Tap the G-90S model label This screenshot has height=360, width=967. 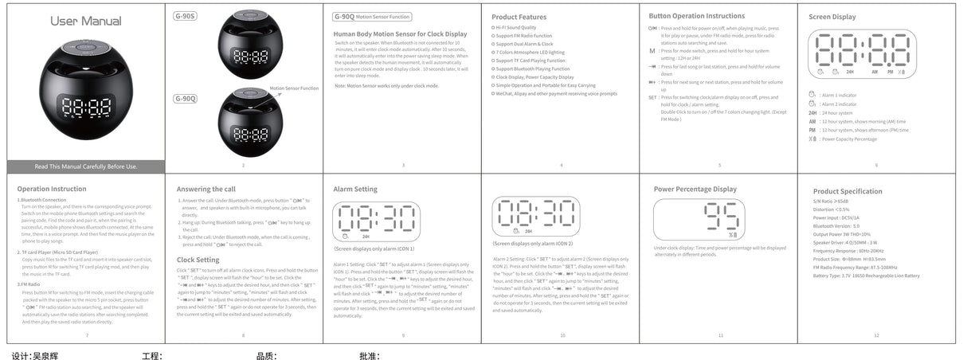tap(186, 16)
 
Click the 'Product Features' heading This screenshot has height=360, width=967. tap(519, 17)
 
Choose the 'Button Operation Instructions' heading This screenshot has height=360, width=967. tap(695, 16)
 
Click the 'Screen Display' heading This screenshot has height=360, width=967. tap(832, 16)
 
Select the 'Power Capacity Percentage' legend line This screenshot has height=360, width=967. tap(853, 139)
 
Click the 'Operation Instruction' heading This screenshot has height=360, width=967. tap(52, 189)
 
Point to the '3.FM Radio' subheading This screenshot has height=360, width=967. tap(29, 284)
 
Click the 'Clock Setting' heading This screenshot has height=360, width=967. tap(198, 260)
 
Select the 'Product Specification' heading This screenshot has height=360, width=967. tap(847, 191)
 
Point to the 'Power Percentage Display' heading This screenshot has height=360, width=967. tap(695, 189)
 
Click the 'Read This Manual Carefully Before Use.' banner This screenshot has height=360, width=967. tap(86, 166)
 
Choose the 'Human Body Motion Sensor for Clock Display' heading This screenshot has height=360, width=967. tap(400, 34)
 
